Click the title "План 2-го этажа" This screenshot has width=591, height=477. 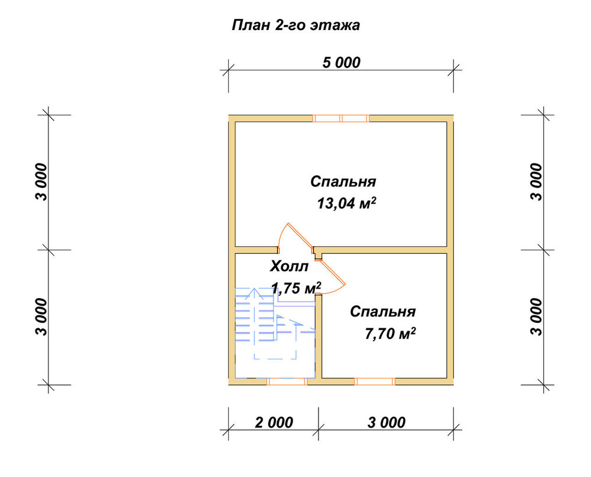pyautogui.click(x=295, y=25)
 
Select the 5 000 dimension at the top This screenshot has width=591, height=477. pyautogui.click(x=342, y=63)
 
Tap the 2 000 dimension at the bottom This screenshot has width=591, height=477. pyautogui.click(x=274, y=423)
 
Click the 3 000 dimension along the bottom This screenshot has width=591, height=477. pyautogui.click(x=387, y=423)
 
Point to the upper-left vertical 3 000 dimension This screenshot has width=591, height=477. pyautogui.click(x=42, y=182)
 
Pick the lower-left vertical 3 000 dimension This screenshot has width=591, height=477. pyautogui.click(x=42, y=317)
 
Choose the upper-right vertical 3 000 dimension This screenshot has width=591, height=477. pyautogui.click(x=537, y=182)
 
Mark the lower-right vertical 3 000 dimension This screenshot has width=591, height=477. pyautogui.click(x=537, y=317)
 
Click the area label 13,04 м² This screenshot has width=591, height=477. pyautogui.click(x=347, y=203)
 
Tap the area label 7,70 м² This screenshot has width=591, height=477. pyautogui.click(x=391, y=334)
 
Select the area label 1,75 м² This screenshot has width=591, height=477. pyautogui.click(x=296, y=288)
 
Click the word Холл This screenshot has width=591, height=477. pyautogui.click(x=289, y=267)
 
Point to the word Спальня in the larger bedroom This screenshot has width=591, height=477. pyautogui.click(x=343, y=181)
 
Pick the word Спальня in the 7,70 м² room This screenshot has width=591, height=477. pyautogui.click(x=383, y=312)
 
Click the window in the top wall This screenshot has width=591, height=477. pyautogui.click(x=341, y=119)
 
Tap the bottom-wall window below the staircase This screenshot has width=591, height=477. pyautogui.click(x=287, y=382)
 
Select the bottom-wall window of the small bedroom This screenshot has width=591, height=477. pyautogui.click(x=375, y=382)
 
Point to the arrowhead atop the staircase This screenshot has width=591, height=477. pyautogui.click(x=255, y=293)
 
